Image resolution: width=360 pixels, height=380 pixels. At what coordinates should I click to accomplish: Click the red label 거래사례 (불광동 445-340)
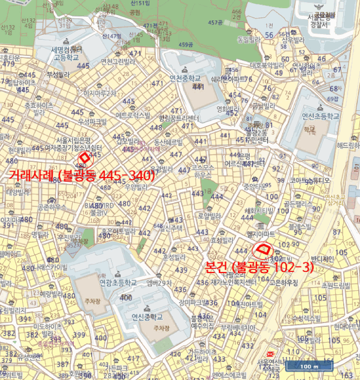[x=82, y=175]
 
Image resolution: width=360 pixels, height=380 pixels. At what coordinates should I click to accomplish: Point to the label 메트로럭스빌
[x=132, y=115]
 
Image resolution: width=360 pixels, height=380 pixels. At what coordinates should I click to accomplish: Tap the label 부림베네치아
[x=238, y=327]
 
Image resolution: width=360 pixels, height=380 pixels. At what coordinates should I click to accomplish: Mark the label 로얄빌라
[x=208, y=215]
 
